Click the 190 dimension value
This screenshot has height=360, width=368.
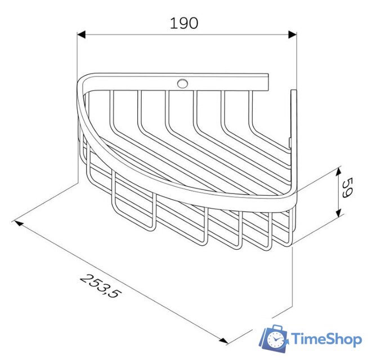184,23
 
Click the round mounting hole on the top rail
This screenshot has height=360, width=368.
182,84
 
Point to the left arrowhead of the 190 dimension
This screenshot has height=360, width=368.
81,35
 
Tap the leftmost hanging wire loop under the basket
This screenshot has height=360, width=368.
133,208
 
